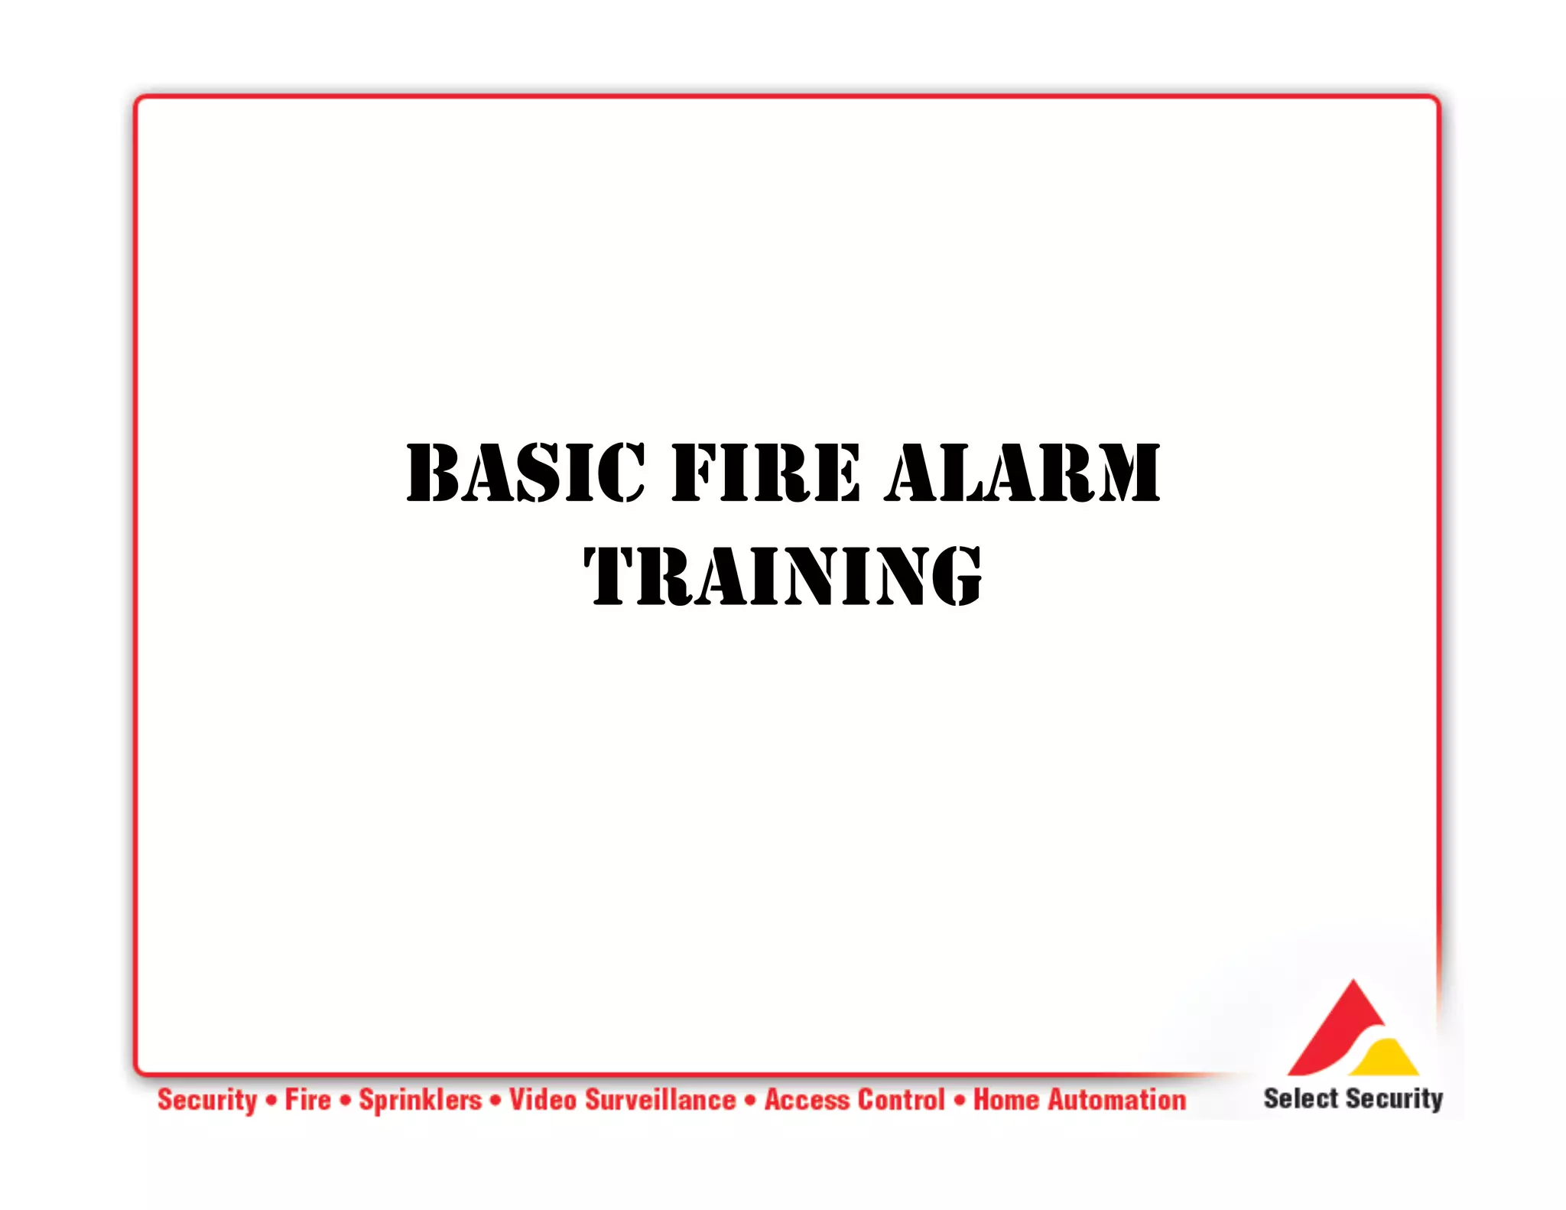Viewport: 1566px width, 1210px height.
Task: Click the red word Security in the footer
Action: (x=207, y=1100)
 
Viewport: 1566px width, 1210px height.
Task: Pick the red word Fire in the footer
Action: (x=308, y=1100)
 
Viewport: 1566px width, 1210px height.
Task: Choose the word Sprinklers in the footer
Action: (x=421, y=1100)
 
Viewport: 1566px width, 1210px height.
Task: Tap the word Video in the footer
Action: (x=543, y=1100)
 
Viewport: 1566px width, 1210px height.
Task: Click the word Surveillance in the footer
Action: (x=661, y=1100)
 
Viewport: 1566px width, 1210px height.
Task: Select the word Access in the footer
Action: (x=807, y=1100)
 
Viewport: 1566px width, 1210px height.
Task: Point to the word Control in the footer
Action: (x=902, y=1100)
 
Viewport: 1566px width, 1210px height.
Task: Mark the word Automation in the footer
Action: (x=1117, y=1100)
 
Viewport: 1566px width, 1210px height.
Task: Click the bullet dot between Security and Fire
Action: (x=271, y=1101)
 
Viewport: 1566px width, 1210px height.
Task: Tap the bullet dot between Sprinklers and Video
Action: (x=496, y=1101)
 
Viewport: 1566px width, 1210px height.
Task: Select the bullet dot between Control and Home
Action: (x=960, y=1101)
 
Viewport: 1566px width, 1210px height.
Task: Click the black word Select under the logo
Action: (x=1301, y=1098)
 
